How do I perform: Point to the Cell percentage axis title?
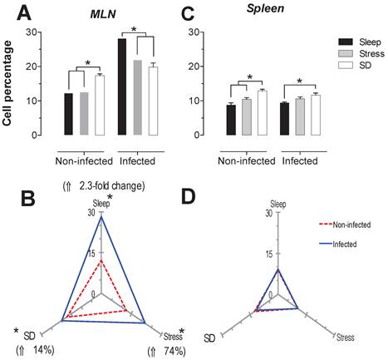click(9, 81)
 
